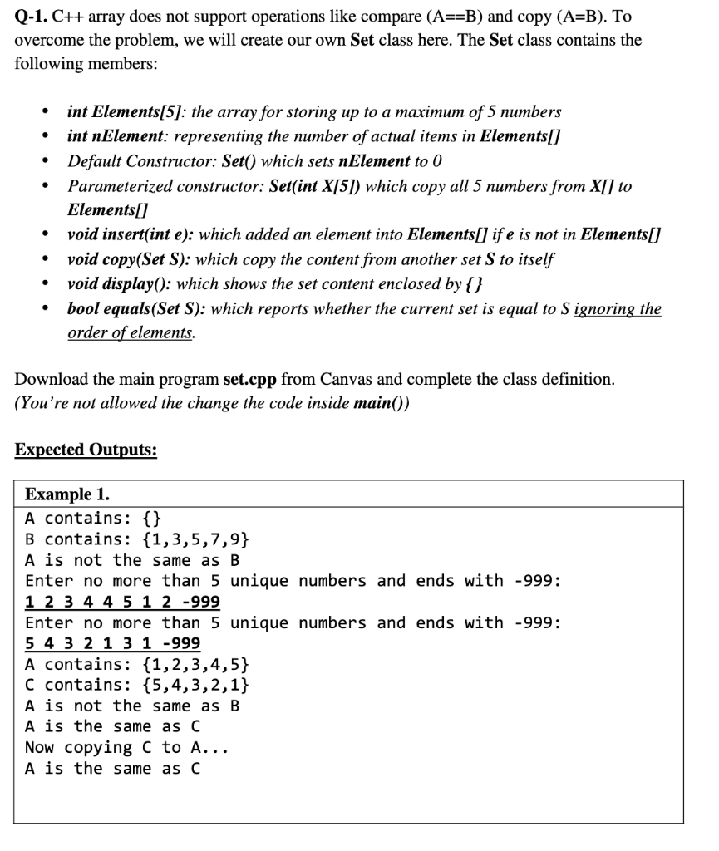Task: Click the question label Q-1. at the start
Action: pos(32,15)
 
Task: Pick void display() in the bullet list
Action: pos(120,283)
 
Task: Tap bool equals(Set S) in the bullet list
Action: pos(137,309)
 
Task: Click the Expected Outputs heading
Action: pos(86,450)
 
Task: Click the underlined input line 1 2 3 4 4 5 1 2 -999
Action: pos(122,602)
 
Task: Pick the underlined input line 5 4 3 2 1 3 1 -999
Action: pos(112,644)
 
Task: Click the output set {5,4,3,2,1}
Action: pos(195,685)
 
